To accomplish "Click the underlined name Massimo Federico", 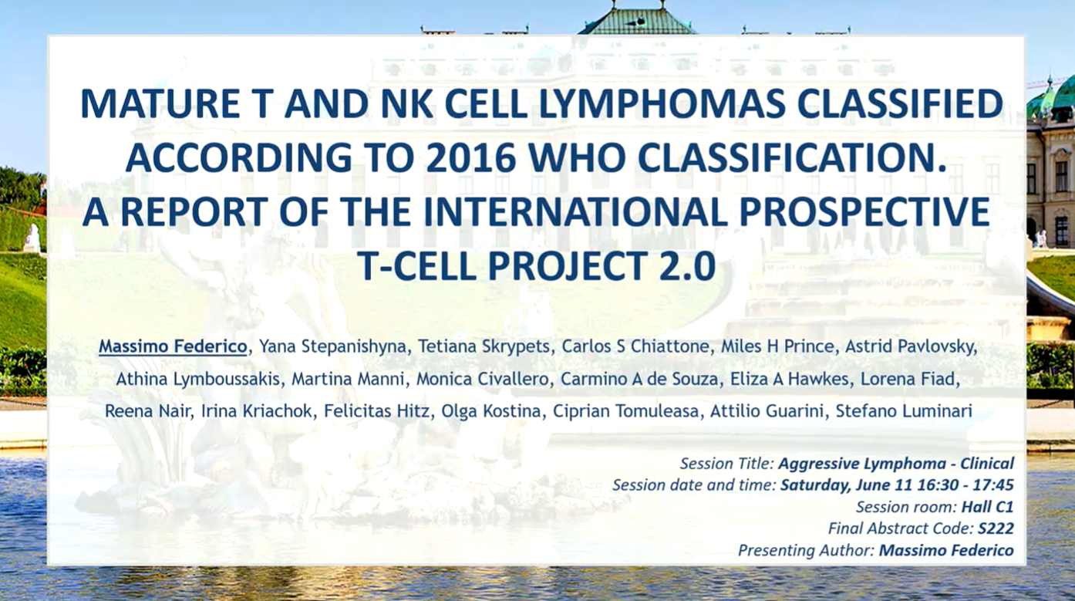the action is click(173, 346).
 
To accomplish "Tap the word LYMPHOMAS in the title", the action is click(662, 103).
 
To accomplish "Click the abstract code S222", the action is click(996, 528).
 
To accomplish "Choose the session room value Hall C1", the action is click(987, 507).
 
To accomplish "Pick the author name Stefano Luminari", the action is click(904, 411).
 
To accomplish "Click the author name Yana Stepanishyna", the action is click(332, 346).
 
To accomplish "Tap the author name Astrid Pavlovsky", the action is click(911, 346).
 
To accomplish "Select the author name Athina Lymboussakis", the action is click(197, 380).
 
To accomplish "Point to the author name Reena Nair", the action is click(147, 411).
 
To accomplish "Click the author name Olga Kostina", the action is click(490, 411).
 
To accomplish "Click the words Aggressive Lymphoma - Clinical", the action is click(896, 464).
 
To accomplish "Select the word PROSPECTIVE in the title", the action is click(864, 211).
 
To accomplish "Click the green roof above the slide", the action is click(637, 22).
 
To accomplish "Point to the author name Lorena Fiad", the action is click(909, 380).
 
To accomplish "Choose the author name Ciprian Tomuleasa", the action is click(626, 411).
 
